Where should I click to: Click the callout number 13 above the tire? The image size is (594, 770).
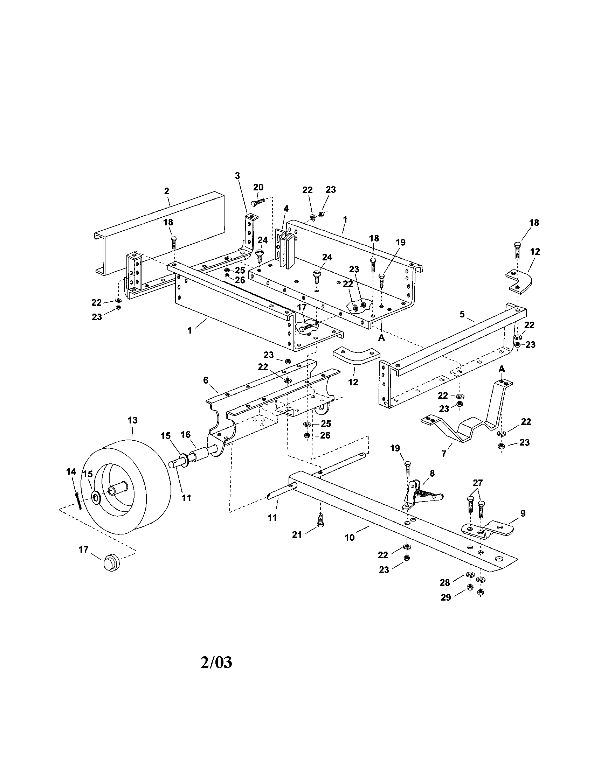[133, 420]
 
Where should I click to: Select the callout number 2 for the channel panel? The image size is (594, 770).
[166, 191]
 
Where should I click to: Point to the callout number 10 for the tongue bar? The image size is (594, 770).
[350, 538]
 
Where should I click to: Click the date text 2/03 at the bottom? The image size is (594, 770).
[216, 663]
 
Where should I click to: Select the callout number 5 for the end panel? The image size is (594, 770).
[462, 314]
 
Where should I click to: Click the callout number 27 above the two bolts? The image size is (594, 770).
[478, 483]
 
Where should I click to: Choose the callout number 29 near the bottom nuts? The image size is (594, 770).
[446, 597]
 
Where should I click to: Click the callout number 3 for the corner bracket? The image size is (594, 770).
[237, 176]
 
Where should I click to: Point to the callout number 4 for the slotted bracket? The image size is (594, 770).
[286, 209]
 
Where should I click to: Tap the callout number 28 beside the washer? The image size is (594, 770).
[445, 583]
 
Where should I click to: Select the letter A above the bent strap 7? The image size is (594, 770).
[502, 369]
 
